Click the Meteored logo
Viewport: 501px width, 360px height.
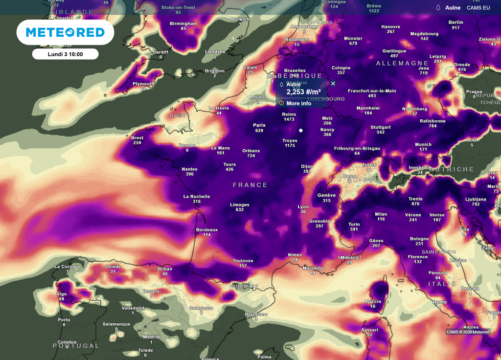65,32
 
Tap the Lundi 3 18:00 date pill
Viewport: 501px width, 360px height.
65,54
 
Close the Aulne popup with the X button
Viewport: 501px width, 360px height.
333,84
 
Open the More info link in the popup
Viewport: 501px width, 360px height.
298,103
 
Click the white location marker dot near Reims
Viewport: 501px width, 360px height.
301,131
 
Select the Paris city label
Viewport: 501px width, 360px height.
259,125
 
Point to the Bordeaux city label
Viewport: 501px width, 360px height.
206,229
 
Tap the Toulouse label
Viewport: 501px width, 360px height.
243,261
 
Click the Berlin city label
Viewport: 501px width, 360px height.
455,22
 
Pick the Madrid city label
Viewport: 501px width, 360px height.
151,337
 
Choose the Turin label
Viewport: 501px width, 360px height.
354,224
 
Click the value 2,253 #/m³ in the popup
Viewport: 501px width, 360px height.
303,92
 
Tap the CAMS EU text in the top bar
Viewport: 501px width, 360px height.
478,8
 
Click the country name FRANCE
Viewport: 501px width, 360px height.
250,185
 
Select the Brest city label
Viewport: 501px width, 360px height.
137,138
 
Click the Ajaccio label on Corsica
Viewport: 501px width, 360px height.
373,301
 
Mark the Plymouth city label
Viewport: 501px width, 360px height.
143,84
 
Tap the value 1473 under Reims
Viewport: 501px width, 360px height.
289,119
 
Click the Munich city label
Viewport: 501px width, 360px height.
423,144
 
